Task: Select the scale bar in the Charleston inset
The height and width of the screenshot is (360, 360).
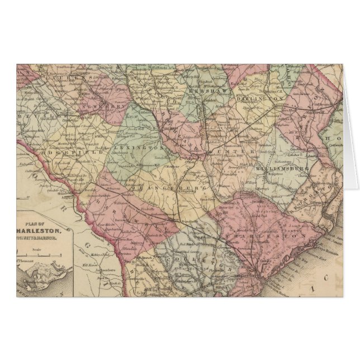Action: coord(37,253)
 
